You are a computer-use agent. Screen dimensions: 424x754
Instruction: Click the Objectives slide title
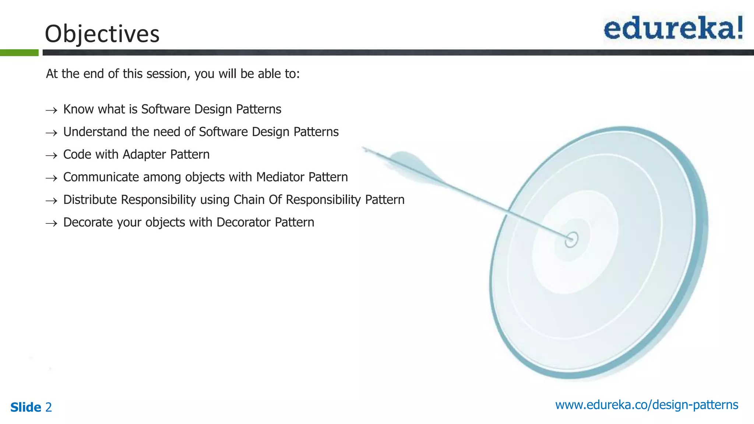point(102,34)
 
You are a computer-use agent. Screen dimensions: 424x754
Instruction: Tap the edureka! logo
point(673,28)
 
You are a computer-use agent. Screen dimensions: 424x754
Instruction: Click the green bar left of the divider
point(19,53)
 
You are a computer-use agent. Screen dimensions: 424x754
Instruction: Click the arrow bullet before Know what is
point(52,110)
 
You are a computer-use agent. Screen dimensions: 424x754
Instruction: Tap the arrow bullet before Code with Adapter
point(52,155)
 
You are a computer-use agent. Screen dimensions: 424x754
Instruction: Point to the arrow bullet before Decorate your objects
point(52,223)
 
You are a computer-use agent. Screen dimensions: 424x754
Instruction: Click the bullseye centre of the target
point(571,239)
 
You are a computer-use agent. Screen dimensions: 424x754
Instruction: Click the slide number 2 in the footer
point(49,407)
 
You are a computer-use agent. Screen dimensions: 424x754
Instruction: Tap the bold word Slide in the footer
point(26,407)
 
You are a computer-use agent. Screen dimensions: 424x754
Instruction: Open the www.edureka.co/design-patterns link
point(646,405)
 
